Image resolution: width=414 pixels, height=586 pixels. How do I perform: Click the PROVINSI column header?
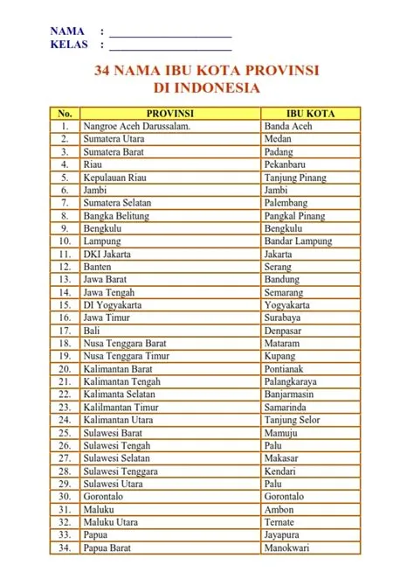169,113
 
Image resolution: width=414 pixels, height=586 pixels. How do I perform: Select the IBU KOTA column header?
310,113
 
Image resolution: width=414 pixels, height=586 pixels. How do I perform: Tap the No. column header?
64,113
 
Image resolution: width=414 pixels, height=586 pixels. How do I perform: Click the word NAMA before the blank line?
68,31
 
